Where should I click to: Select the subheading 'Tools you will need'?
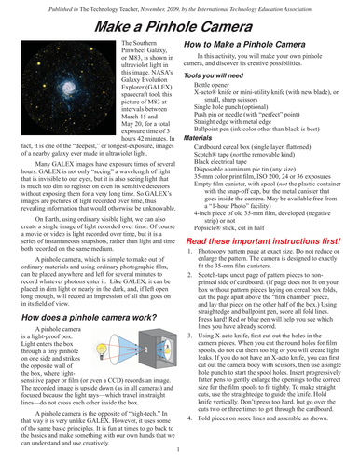[224, 102]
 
